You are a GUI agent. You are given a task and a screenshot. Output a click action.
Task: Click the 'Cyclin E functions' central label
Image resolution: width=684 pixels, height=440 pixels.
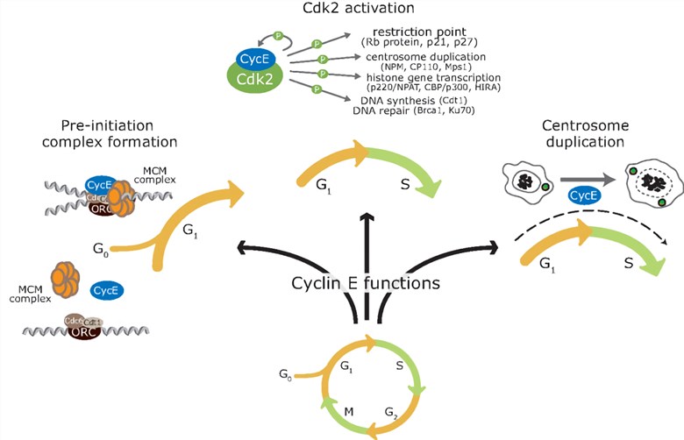366,283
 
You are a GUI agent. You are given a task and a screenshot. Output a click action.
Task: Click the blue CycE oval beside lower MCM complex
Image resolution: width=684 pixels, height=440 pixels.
106,289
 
